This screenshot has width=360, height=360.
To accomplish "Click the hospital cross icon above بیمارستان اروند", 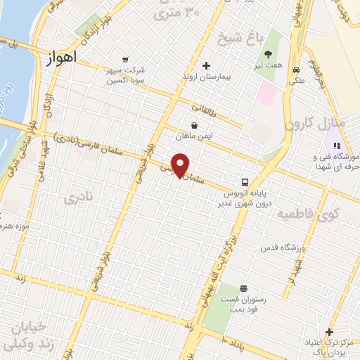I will click(206, 66).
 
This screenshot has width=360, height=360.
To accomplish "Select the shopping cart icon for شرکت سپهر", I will click(124, 60).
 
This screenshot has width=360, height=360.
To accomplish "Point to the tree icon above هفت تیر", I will click(268, 54).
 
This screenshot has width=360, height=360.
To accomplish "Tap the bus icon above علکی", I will click(298, 70).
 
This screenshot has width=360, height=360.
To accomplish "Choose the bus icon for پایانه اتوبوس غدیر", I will click(244, 181).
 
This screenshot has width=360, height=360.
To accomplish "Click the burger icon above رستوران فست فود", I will click(243, 288).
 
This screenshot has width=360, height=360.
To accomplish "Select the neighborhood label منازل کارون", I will click(316, 123).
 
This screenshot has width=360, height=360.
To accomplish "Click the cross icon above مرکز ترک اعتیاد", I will click(329, 332).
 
